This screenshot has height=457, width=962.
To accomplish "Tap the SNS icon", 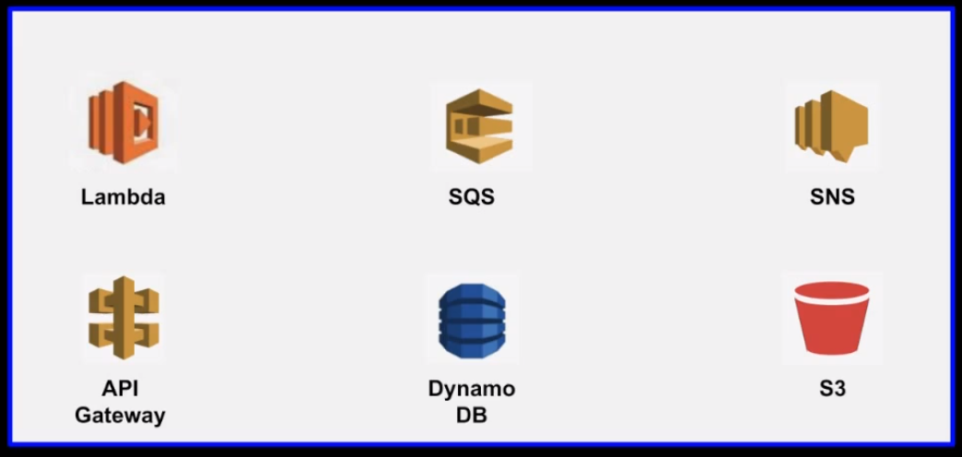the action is point(832,124).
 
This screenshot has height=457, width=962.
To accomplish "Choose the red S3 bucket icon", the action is point(831,318).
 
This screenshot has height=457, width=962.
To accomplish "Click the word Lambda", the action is point(123,196).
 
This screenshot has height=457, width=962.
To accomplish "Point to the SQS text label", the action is point(472,197).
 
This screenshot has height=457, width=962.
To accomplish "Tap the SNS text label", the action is point(832,196).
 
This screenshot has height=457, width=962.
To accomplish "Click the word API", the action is point(120,388).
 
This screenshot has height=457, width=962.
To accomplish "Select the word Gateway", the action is point(121,415).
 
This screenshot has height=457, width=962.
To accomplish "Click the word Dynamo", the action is point(472,388).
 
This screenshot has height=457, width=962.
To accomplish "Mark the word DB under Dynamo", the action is point(471,415).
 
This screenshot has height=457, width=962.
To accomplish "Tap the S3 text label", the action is point(832,388).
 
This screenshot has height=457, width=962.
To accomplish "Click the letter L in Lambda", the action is point(88,196).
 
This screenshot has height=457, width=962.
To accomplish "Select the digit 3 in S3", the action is point(839,388).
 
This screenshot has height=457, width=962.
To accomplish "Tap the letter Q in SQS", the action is point(472,197).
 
